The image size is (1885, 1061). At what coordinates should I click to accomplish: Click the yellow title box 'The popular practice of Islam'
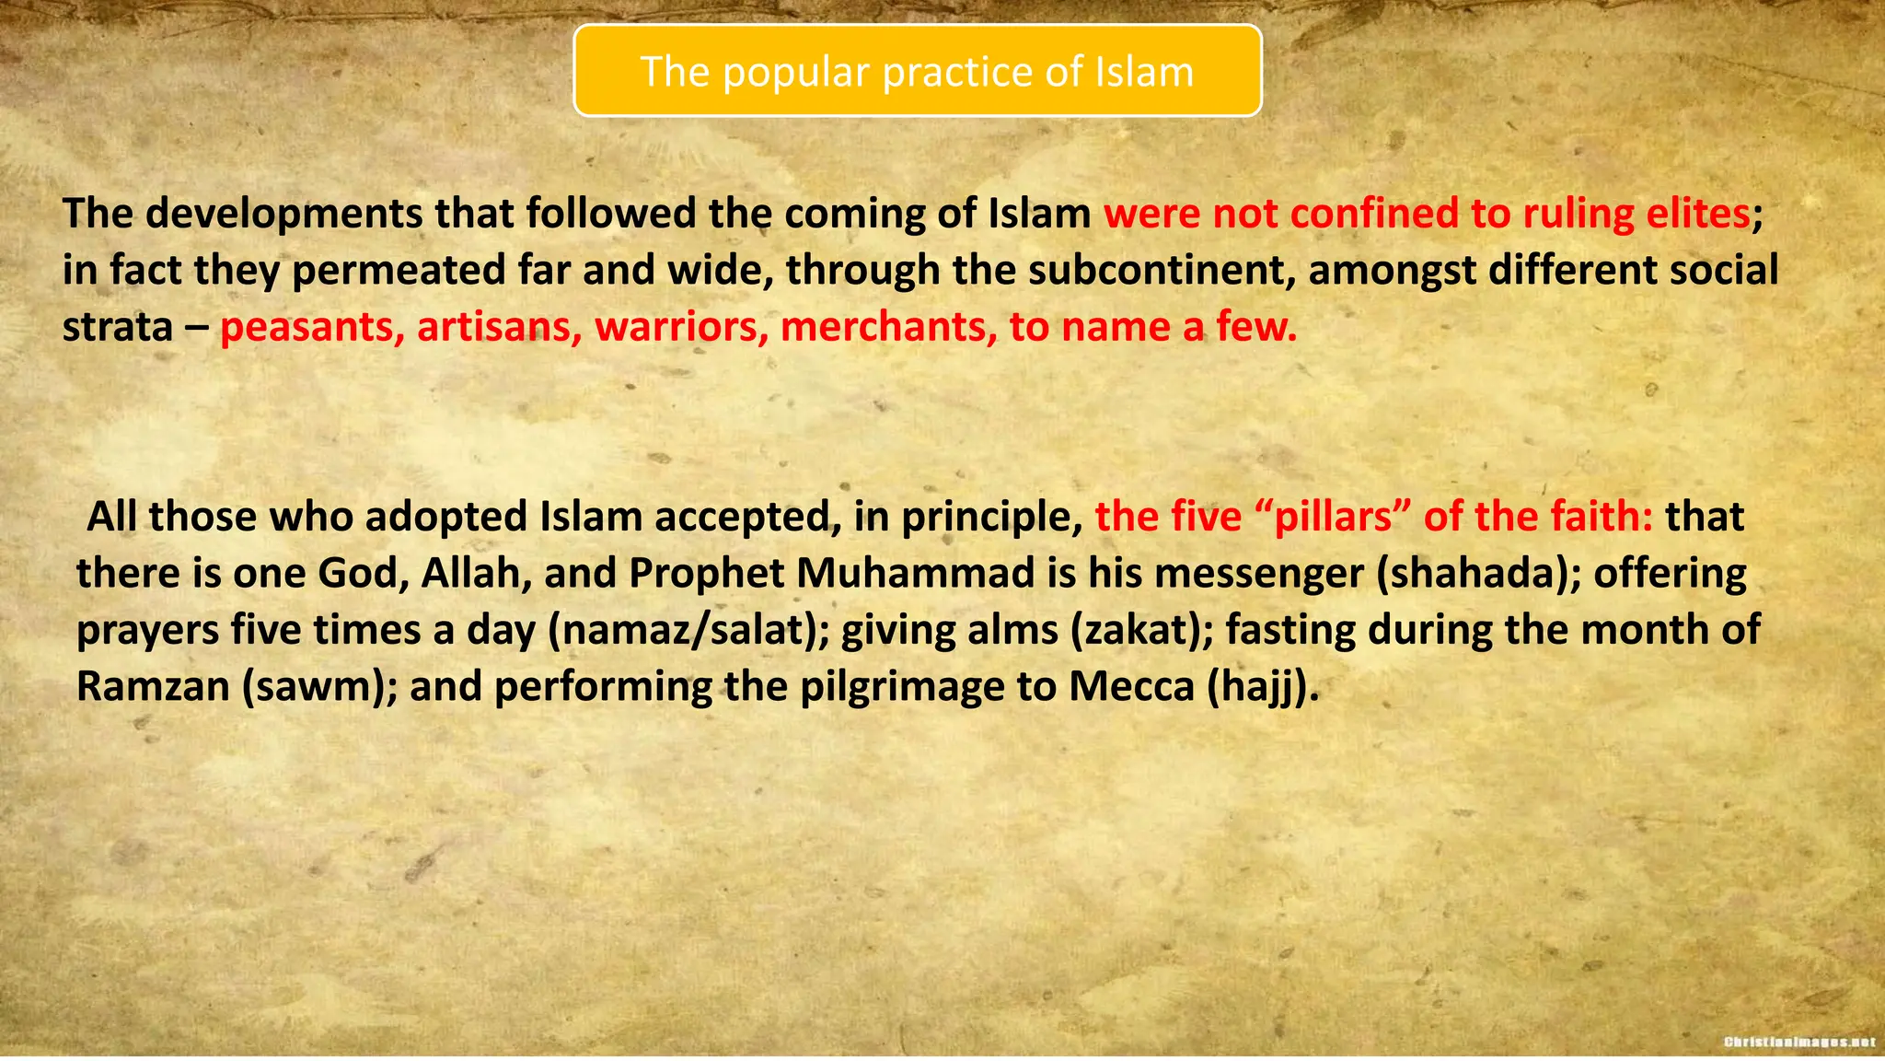pyautogui.click(x=917, y=71)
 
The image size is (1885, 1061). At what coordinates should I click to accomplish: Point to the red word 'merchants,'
pyautogui.click(x=889, y=328)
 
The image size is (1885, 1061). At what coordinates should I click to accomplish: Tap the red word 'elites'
pyautogui.click(x=1697, y=214)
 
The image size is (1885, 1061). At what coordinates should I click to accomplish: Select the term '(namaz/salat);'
pyautogui.click(x=688, y=631)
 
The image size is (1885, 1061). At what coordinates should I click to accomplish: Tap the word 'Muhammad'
pyautogui.click(x=916, y=574)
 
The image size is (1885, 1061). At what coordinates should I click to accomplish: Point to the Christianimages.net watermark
pyautogui.click(x=1798, y=1043)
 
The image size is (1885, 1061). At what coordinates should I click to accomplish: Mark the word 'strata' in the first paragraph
pyautogui.click(x=117, y=328)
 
